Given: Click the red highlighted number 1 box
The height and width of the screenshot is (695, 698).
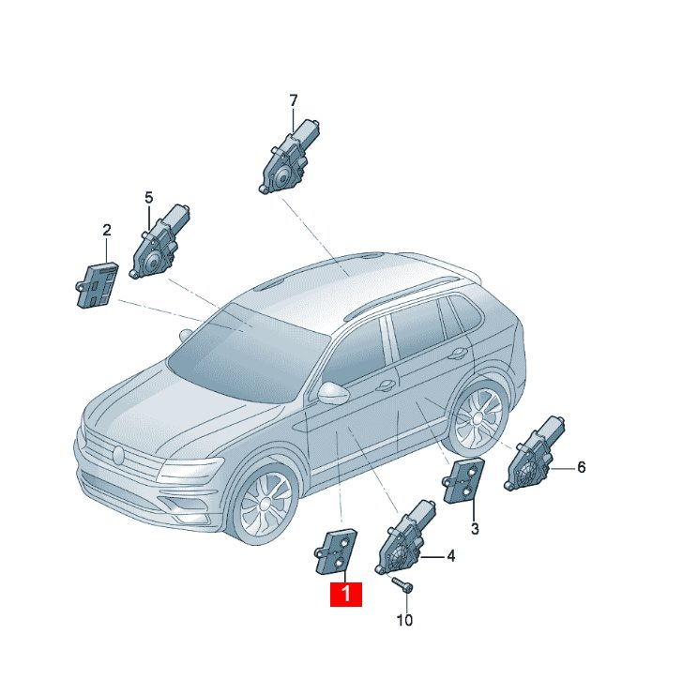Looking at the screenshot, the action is [x=346, y=594].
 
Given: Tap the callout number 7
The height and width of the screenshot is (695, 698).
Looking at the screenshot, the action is [x=293, y=101].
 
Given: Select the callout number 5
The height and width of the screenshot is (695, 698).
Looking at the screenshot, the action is [x=148, y=198].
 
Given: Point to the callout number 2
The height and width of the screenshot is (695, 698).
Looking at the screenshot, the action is [x=106, y=231].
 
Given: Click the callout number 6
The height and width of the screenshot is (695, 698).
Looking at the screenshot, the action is [x=581, y=467].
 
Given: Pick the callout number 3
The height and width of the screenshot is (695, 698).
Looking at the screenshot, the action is [x=475, y=529].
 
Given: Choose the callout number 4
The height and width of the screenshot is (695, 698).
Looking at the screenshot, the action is [x=450, y=556].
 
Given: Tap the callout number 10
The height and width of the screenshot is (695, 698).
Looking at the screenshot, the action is [x=404, y=620].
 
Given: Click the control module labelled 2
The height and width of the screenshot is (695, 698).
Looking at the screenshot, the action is [x=97, y=284].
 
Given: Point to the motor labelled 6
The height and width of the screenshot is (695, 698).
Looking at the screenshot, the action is [x=534, y=454].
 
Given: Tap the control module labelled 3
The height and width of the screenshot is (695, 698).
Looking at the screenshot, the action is [x=463, y=480].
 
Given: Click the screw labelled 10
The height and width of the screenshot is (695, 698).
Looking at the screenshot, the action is [x=402, y=583].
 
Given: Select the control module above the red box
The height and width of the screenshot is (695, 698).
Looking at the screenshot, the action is [x=336, y=551].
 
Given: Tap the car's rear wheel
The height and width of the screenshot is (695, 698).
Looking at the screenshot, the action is [x=478, y=417].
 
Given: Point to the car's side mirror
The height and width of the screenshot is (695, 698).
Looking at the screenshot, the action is [x=333, y=392].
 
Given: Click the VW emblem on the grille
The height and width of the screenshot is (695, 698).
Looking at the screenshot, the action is [x=118, y=455].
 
